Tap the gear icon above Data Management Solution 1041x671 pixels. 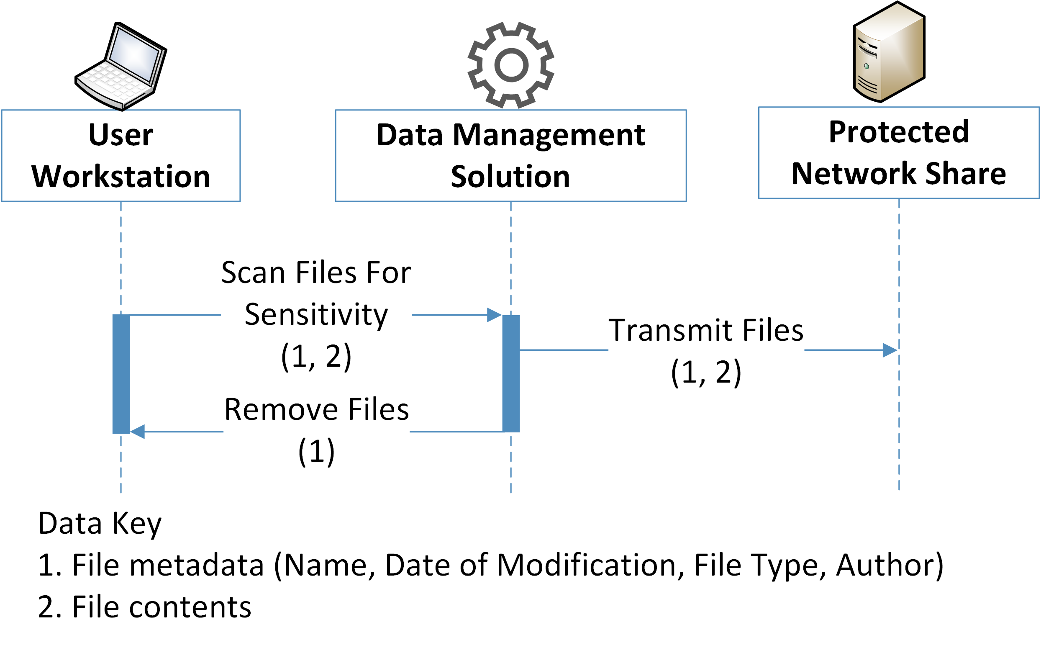pyautogui.click(x=510, y=65)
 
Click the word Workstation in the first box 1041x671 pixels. pyautogui.click(x=121, y=177)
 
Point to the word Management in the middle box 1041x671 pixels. pyautogui.click(x=549, y=135)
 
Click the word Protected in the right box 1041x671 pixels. pyautogui.click(x=898, y=131)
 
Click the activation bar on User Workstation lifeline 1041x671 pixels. pyautogui.click(x=121, y=374)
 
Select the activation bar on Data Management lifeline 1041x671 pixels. pyautogui.click(x=510, y=374)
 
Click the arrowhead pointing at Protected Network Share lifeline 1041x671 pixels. pyautogui.click(x=890, y=350)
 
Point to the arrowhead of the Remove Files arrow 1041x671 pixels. pyautogui.click(x=137, y=431)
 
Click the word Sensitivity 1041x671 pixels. pyautogui.click(x=316, y=315)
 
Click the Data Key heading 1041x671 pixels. pyautogui.click(x=99, y=523)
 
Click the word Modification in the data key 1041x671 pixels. pyautogui.click(x=586, y=565)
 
